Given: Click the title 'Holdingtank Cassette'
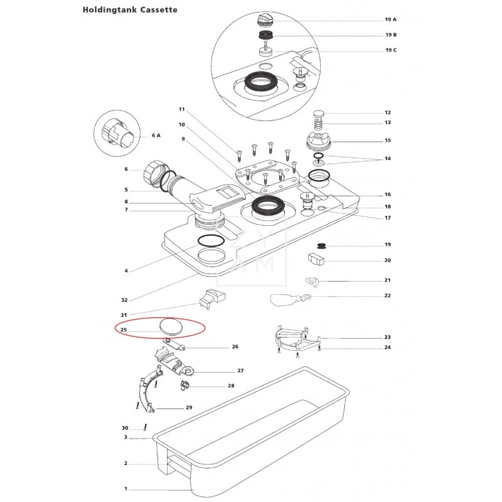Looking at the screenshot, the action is click(130, 10).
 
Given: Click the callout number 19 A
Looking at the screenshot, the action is click(390, 19).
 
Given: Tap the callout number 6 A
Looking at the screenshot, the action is click(156, 136).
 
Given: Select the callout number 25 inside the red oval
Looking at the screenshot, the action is click(124, 330).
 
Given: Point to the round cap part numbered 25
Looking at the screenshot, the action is click(171, 326).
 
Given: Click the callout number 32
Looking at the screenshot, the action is click(124, 300).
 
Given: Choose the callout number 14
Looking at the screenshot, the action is click(388, 159).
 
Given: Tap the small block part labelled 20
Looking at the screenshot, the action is click(316, 259).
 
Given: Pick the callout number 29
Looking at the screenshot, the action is click(189, 407).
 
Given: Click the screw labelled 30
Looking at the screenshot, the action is click(146, 427).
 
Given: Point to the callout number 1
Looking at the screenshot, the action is click(126, 489).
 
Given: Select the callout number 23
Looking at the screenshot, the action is click(388, 337).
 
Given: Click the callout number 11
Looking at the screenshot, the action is click(182, 109).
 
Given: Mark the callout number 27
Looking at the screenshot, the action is click(240, 371).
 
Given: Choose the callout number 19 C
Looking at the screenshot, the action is click(391, 50).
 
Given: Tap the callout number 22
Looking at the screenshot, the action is click(388, 296).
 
